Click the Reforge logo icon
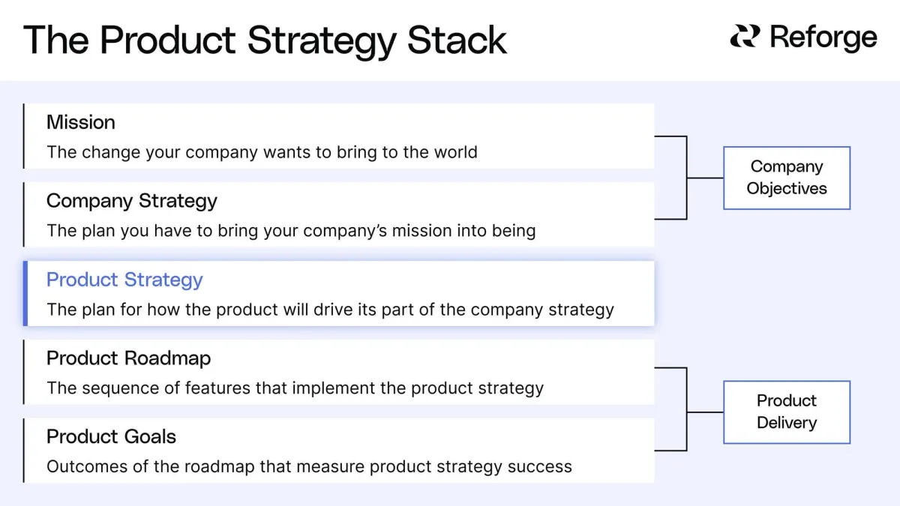[x=745, y=37]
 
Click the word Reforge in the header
[x=823, y=37]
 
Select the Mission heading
[x=81, y=122]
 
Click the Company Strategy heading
[x=132, y=201]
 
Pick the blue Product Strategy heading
[x=124, y=280]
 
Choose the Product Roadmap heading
[x=128, y=358]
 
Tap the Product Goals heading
[x=111, y=436]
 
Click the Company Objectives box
[x=786, y=178]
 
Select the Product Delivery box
[x=786, y=412]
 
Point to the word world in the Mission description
[x=454, y=152]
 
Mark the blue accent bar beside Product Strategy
[x=25, y=294]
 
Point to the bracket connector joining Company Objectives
[x=687, y=178]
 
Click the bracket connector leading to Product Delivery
[x=687, y=412]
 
